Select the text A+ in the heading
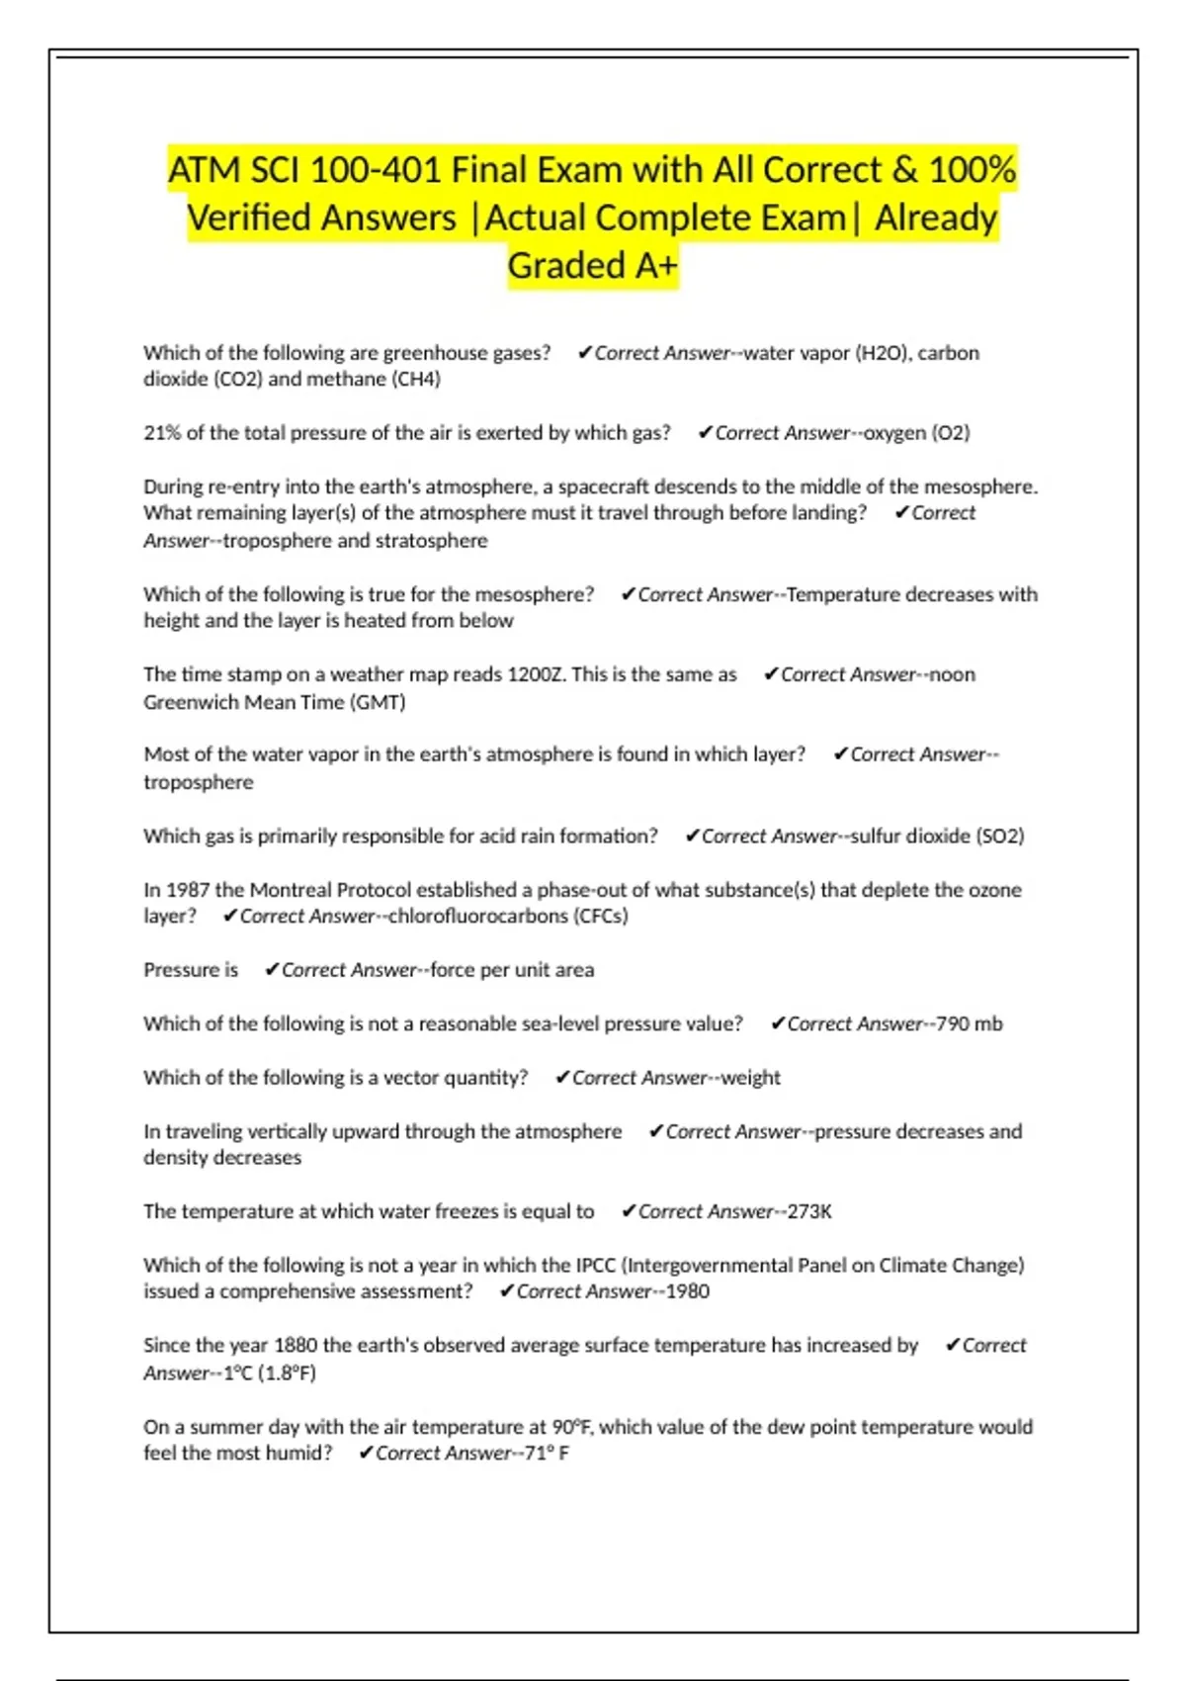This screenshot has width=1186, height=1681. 652,265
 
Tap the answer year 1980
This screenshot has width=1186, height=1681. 687,1291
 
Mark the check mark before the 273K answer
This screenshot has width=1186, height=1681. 628,1211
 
